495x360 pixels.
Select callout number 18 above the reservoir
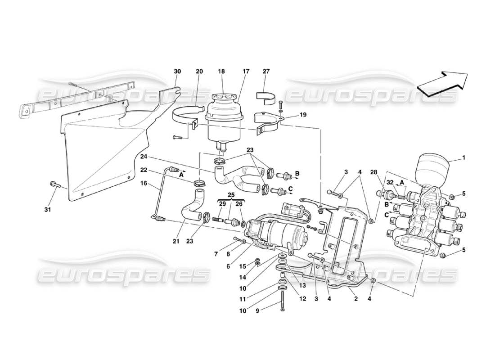click(221, 71)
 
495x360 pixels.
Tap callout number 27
click(266, 71)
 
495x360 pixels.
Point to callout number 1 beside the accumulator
click(464, 158)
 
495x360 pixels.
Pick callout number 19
click(303, 115)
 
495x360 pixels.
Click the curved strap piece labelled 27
click(265, 96)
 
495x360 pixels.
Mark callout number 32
click(389, 184)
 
